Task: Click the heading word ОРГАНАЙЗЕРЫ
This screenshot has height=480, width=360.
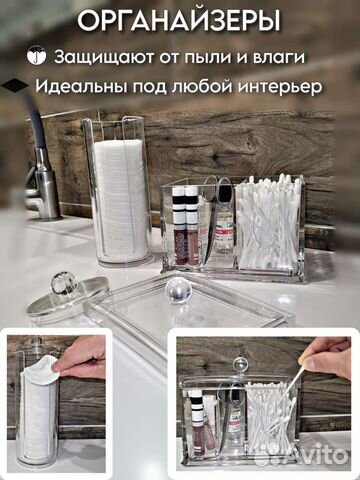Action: click(181, 21)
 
